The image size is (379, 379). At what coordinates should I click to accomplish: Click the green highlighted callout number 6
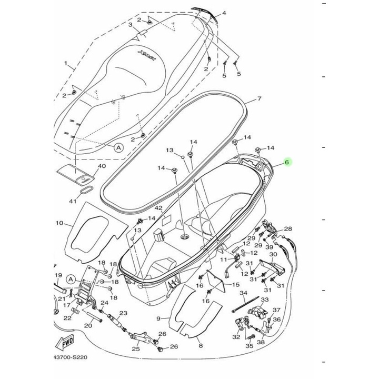click(x=287, y=163)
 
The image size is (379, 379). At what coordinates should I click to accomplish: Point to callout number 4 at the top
click(x=224, y=13)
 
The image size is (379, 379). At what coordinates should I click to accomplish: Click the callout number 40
click(x=102, y=166)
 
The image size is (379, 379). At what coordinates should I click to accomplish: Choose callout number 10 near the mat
click(x=59, y=223)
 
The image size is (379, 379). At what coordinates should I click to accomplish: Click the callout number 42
click(x=158, y=209)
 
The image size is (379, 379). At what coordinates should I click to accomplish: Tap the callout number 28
click(x=287, y=229)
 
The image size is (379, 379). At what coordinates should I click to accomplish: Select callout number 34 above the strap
click(x=243, y=293)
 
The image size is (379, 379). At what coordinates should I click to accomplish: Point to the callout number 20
click(x=88, y=326)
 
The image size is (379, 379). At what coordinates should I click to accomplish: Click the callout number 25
click(x=135, y=349)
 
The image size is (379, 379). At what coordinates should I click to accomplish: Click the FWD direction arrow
click(x=67, y=342)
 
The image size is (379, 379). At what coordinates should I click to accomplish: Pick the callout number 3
click(x=130, y=24)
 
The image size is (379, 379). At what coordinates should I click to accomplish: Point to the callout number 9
click(x=158, y=319)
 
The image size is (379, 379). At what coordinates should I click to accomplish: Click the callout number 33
click(x=264, y=300)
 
